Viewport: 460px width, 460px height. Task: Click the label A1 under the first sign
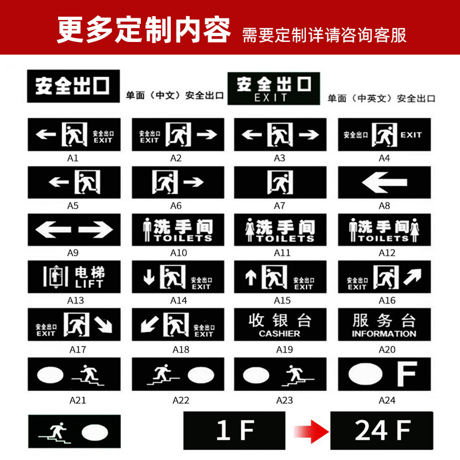(x=74, y=158)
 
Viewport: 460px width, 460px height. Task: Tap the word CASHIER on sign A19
(x=279, y=333)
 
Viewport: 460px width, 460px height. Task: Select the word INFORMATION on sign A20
(x=384, y=333)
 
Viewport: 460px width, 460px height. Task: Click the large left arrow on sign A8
(x=384, y=183)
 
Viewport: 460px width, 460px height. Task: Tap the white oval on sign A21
(x=52, y=375)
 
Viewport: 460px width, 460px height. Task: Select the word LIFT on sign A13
(x=89, y=283)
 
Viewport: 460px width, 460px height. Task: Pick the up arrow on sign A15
(x=250, y=278)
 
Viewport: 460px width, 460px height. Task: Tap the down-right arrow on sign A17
(x=104, y=325)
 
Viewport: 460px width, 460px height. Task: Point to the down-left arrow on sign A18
(x=149, y=325)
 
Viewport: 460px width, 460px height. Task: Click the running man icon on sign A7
(x=280, y=183)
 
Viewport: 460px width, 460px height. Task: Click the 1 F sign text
(x=235, y=431)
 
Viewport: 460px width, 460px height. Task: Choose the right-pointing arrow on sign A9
(x=95, y=230)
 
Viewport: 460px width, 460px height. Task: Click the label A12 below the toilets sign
(x=384, y=252)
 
